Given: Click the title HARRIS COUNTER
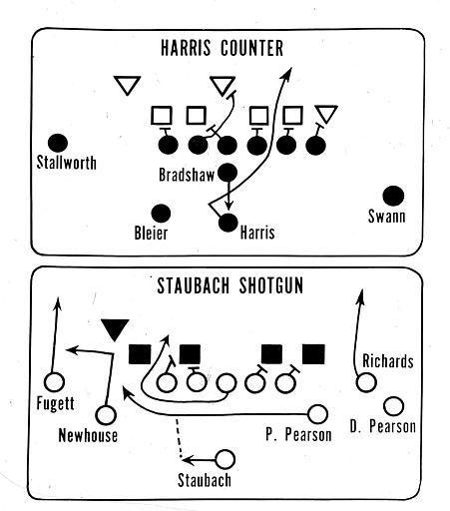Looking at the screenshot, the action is (222, 48).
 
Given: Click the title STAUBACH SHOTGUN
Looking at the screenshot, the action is (230, 285).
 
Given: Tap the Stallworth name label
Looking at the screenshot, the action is (67, 163).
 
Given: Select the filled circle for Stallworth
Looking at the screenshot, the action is (58, 144).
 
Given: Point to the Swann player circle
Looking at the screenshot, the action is (393, 196).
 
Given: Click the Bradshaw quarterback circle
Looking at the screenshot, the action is (227, 173).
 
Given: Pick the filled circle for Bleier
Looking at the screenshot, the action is (161, 214).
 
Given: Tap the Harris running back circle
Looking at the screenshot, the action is (228, 223).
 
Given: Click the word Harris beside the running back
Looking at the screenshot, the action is (257, 232).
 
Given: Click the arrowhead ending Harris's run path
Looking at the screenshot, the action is (287, 72).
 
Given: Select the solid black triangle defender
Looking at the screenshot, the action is (115, 329).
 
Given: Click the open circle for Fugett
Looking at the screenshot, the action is (54, 382).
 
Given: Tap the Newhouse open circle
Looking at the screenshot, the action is (106, 415).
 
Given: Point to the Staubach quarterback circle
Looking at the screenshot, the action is (225, 459).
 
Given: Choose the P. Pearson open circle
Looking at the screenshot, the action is (317, 414).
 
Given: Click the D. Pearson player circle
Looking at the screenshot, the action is (394, 406).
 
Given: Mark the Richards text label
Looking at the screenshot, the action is (388, 361).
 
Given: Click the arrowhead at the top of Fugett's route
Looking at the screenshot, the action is (58, 302).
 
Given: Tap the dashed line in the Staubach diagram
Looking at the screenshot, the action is (179, 438).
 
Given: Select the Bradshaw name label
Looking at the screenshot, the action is (187, 175).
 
